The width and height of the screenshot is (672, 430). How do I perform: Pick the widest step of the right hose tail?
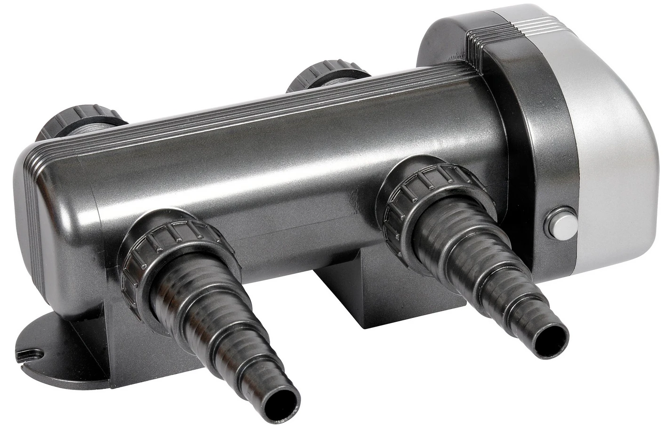point(452,245)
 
